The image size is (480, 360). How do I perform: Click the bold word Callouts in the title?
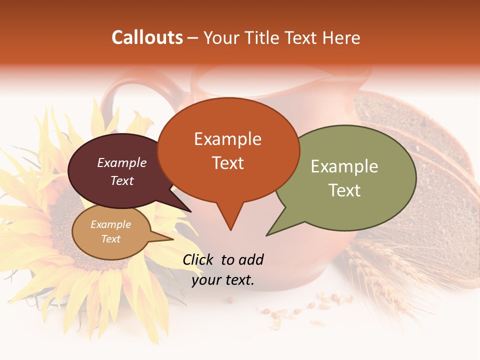point(147,37)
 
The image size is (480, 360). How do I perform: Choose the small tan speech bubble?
point(110,232)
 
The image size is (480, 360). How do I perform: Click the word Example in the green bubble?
point(344,166)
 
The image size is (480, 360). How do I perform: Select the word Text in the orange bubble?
point(228,162)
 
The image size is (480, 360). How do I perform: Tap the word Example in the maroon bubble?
point(121,162)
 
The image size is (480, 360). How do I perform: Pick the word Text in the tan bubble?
point(110,239)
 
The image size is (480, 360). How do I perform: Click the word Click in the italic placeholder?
point(199,259)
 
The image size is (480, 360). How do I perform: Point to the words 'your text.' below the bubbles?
point(223,280)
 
